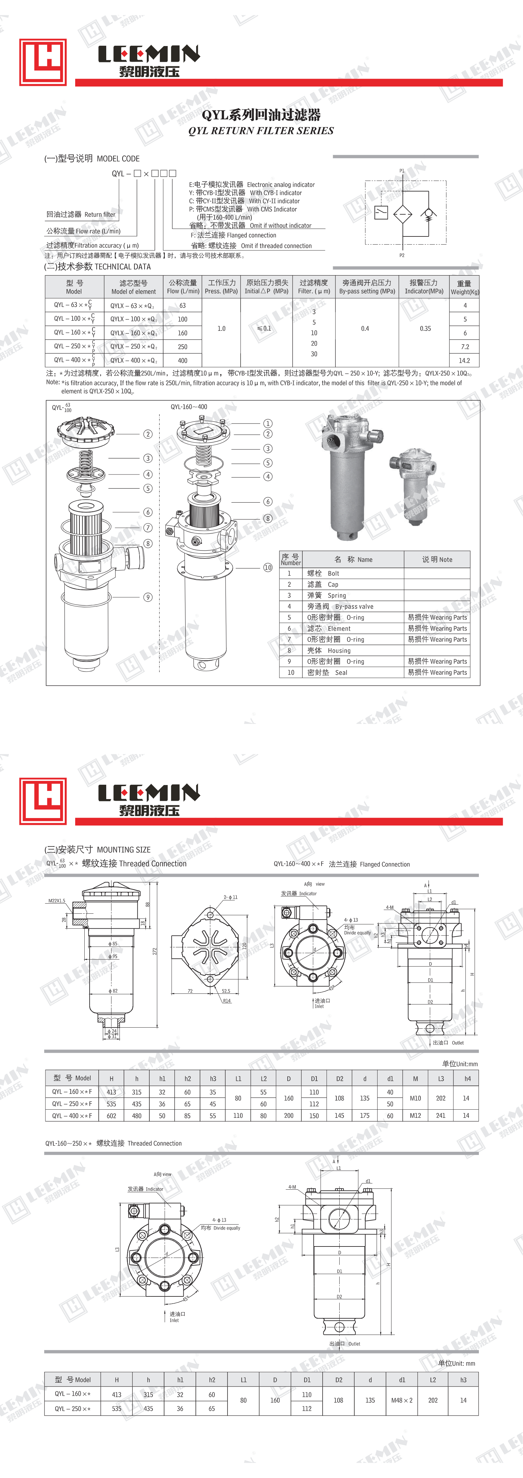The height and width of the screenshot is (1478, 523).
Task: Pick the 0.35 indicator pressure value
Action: pos(425,329)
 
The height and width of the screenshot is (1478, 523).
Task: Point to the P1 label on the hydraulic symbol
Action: pos(402,170)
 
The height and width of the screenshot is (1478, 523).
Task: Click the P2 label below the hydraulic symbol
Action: pos(402,255)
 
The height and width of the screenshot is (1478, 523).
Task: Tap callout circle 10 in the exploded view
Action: pos(267,568)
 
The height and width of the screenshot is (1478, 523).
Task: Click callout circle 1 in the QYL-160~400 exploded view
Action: pos(267,424)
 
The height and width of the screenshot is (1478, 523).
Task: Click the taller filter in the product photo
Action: pos(348,476)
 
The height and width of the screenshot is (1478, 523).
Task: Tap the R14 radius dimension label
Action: pos(227,1001)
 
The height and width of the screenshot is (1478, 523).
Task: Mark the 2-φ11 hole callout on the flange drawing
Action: pos(230,897)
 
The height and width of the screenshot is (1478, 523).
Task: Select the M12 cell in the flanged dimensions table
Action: pos(415,1116)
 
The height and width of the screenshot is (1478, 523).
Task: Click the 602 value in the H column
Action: pos(111,1116)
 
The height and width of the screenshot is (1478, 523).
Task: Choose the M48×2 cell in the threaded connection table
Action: pos(401,1400)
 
